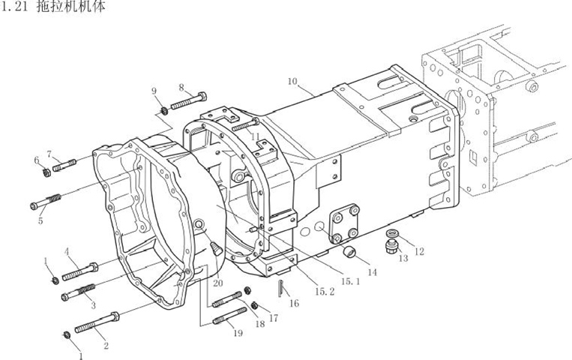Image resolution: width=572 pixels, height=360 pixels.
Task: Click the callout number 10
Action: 292,81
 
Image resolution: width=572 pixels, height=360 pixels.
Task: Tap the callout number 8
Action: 181,88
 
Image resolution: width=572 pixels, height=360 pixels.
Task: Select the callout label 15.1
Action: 351,281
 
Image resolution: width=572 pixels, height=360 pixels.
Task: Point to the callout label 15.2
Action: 325,291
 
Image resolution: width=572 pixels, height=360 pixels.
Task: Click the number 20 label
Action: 218,283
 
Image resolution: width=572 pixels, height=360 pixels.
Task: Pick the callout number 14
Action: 372,272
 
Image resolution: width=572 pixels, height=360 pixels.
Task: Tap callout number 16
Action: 294,303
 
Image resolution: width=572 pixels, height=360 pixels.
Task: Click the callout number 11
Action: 256,136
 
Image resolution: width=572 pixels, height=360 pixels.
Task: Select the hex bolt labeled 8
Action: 189,100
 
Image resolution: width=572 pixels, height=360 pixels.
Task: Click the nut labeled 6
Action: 46,172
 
